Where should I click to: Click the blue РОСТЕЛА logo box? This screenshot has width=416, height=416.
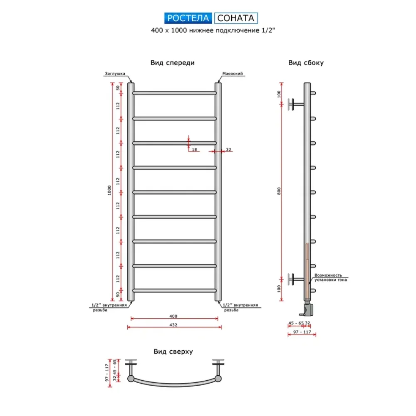point(188,18)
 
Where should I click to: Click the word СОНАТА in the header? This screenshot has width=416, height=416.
point(235,18)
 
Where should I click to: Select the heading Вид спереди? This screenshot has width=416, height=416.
point(173,63)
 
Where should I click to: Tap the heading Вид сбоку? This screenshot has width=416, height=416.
point(306,63)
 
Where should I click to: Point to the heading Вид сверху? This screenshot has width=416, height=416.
point(173,352)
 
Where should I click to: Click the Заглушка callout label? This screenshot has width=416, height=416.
point(115,74)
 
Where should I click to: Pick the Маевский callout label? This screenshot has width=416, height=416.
point(233,74)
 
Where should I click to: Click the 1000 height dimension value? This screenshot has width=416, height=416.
point(109,191)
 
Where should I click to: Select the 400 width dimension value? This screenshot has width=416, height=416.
point(173,316)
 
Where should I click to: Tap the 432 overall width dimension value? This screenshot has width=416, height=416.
point(173,325)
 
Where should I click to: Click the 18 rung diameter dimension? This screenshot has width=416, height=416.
point(194,149)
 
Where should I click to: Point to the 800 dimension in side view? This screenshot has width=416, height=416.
point(279,191)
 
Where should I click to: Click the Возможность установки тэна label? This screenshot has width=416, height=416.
point(331,277)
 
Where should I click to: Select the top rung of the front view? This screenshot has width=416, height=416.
point(175,93)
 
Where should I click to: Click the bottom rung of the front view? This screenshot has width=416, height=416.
point(175,290)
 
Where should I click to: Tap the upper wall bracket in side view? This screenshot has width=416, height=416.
point(296,104)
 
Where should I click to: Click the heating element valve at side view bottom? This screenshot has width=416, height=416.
point(307,309)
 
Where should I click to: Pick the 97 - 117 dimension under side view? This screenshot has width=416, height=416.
point(302,332)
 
